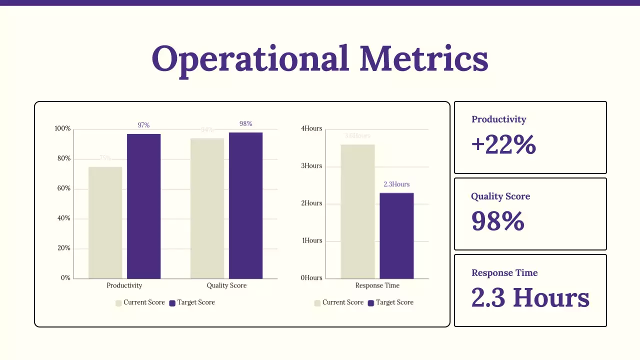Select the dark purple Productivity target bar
click(143, 206)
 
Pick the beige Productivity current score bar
click(105, 222)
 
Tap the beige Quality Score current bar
click(207, 208)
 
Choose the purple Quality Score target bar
click(245, 205)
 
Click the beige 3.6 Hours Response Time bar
click(357, 211)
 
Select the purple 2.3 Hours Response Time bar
click(396, 235)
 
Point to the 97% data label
click(143, 125)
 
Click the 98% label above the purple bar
click(245, 123)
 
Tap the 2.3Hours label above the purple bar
click(396, 184)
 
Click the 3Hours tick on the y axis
click(311, 166)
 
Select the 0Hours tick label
click(311, 277)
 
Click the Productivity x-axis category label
click(124, 285)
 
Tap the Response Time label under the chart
click(377, 285)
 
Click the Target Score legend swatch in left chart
click(172, 303)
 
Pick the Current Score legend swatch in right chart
click(317, 303)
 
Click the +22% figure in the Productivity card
click(503, 145)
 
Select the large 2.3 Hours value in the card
click(530, 297)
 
